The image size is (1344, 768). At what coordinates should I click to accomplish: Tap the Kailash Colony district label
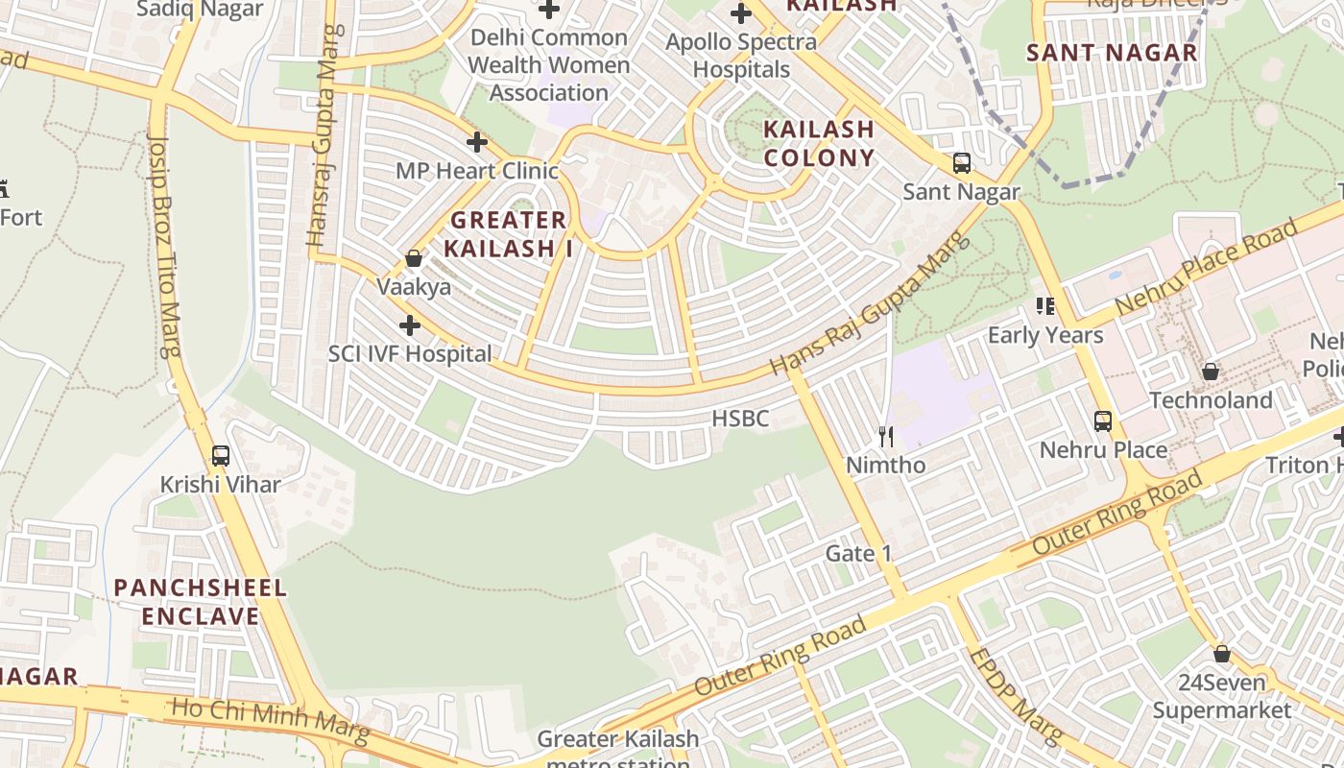[x=819, y=143]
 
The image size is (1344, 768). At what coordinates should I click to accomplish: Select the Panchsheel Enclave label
[x=200, y=602]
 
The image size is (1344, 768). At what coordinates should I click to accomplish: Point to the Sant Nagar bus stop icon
[x=961, y=163]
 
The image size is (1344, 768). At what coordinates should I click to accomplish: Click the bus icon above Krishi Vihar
[x=221, y=456]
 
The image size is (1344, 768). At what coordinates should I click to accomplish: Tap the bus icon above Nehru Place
[x=1103, y=420]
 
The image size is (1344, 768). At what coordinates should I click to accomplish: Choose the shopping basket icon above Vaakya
[x=414, y=258]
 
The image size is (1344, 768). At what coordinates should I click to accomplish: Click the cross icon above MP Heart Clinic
[x=477, y=143]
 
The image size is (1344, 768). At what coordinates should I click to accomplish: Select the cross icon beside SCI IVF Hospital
[x=410, y=325]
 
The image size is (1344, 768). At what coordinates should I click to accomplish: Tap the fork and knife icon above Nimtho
[x=886, y=437]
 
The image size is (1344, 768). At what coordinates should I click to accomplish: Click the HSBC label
[x=740, y=419]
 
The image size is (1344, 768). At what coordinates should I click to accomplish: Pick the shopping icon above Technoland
[x=1211, y=371]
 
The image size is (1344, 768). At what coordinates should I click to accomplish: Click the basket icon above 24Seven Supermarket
[x=1222, y=654]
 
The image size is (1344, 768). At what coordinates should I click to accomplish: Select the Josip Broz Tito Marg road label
[x=164, y=245]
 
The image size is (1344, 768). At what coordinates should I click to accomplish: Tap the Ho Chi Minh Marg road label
[x=269, y=722]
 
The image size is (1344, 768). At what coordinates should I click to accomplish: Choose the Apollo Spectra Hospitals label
[x=741, y=56]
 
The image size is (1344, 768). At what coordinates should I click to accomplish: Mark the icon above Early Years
[x=1045, y=306]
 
